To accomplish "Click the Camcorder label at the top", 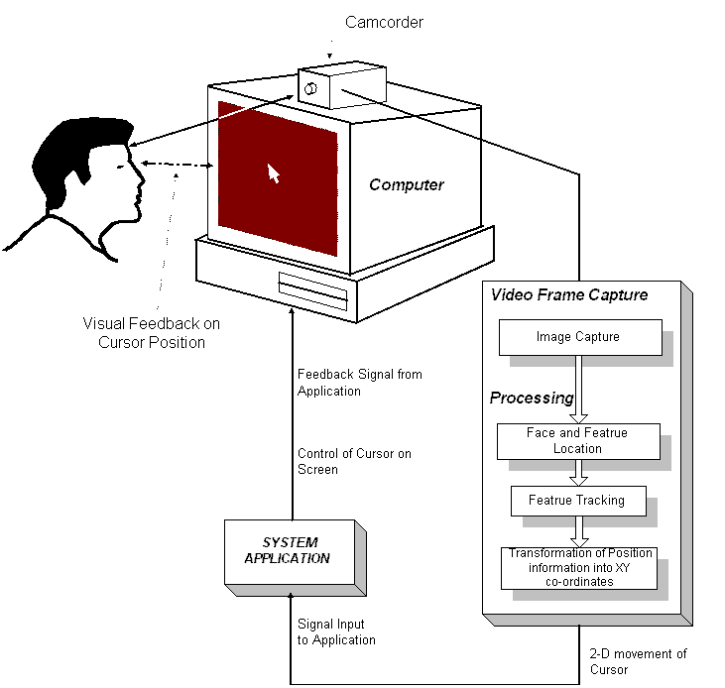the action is coord(384,22).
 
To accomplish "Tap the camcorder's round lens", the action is coord(310,88).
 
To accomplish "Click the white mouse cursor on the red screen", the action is coord(274,173).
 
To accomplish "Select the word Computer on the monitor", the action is coord(407,184).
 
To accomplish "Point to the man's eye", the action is coord(121,167).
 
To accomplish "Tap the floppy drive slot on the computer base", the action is coord(313,291).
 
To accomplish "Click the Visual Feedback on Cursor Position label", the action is coord(151,333).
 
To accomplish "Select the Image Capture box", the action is coord(580,337).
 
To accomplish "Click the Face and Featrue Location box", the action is coord(578,441).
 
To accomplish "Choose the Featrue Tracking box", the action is coord(578,501).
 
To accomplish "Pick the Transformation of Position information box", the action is coord(579,568).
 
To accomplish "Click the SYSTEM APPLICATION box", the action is coord(290,552).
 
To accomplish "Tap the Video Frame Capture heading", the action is coord(569,294).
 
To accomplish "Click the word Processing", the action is coord(532,398).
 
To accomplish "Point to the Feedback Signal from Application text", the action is coord(360,383).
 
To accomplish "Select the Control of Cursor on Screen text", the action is coord(354,462).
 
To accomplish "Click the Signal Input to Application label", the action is coord(336,632).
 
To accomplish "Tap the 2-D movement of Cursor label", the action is coord(638,661).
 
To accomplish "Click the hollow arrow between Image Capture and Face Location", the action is coord(578,390).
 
